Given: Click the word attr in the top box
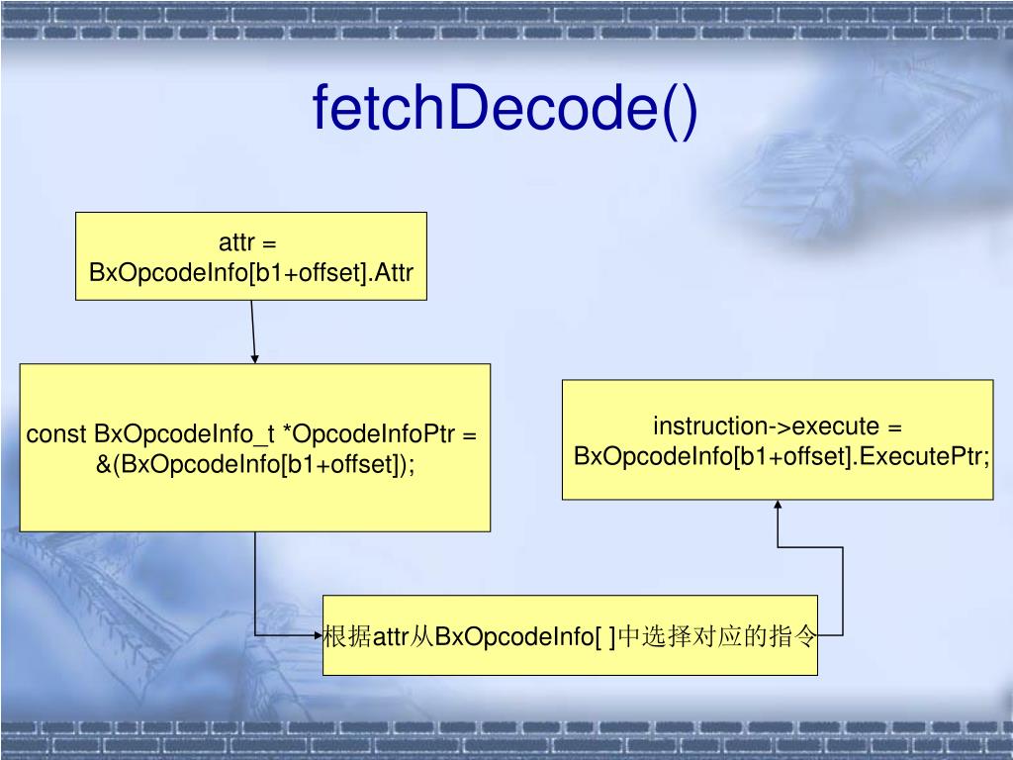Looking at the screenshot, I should [x=237, y=243].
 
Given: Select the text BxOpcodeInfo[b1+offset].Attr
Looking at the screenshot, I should [x=251, y=272].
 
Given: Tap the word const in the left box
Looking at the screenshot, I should [x=56, y=434].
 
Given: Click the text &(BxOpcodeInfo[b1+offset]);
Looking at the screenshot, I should [x=255, y=463].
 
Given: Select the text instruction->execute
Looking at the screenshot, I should [x=766, y=427].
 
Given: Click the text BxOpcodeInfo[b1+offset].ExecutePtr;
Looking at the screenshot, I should [x=782, y=456].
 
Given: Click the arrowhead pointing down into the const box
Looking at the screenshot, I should [x=255, y=358].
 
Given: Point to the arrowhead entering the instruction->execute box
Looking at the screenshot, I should [x=778, y=506].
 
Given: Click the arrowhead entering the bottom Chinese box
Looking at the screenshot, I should [x=317, y=635].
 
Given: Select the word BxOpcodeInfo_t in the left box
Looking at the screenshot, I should [x=185, y=434].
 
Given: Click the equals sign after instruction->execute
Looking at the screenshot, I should [x=895, y=427].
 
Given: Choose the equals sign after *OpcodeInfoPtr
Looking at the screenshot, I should [x=470, y=434].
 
